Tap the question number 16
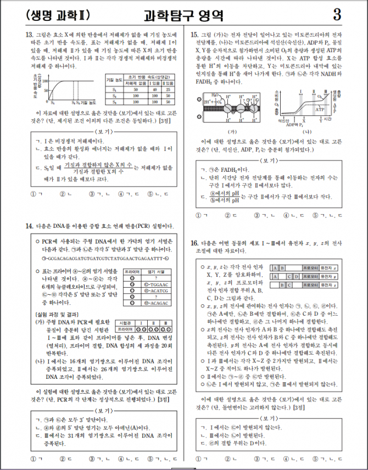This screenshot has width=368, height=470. (194, 242)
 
